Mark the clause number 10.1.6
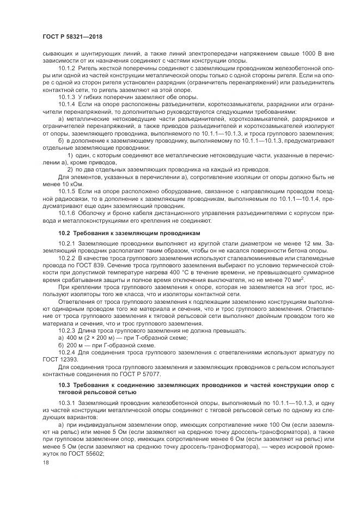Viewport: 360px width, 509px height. coord(66,213)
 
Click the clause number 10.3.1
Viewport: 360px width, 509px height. coord(66,402)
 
